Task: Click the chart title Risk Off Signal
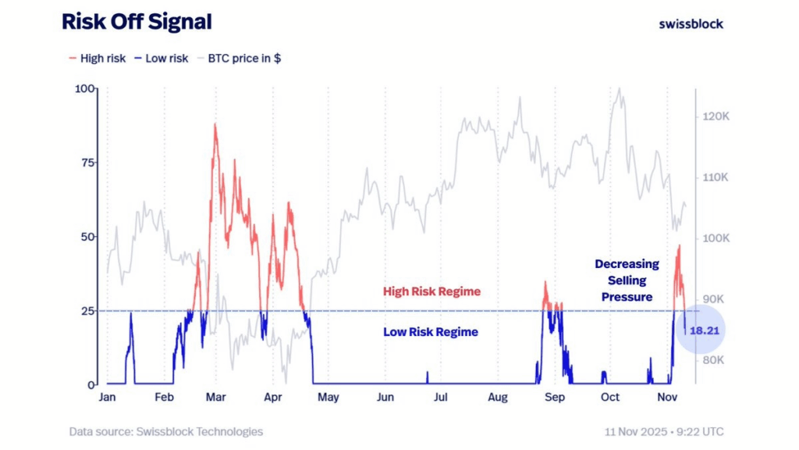pos(137,22)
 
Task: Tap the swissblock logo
pos(691,23)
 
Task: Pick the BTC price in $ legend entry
pos(239,59)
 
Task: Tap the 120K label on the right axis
pos(715,116)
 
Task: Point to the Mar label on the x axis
pos(216,397)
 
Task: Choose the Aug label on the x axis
pos(498,397)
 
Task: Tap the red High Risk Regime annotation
pos(431,291)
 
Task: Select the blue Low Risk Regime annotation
pos(430,332)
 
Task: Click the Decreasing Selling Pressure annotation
pos(627,280)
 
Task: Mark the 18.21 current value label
pos(703,331)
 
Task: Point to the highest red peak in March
pos(215,125)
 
